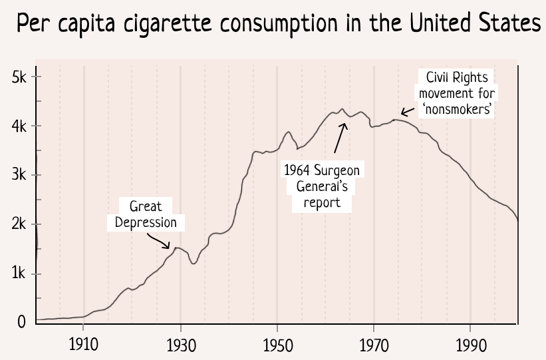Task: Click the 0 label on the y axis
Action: [x=22, y=322]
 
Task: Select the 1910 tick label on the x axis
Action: [x=83, y=345]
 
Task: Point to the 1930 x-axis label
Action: [x=180, y=345]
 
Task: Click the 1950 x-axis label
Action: [x=277, y=345]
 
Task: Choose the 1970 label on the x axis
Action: [x=374, y=345]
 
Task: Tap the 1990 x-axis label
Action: [x=470, y=345]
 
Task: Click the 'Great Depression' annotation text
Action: [x=146, y=214]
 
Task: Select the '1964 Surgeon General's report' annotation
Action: [x=322, y=186]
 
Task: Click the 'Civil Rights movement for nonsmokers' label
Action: [x=457, y=94]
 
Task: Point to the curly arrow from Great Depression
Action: [x=160, y=240]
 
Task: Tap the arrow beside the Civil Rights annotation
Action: [x=408, y=112]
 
